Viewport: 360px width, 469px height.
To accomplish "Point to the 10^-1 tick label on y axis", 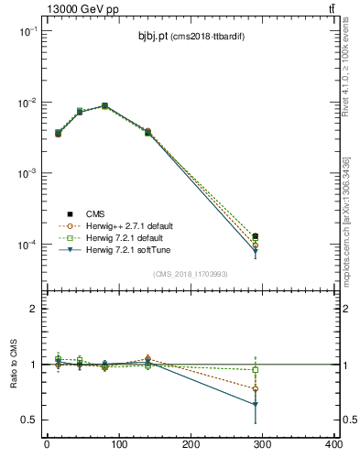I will (27, 31).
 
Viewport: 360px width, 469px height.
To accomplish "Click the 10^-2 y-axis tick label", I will (27, 103).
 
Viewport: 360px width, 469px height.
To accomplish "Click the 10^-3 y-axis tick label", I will (27, 174).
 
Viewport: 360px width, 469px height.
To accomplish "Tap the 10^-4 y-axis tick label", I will (27, 245).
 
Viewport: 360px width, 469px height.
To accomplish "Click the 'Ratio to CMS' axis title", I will (12, 364).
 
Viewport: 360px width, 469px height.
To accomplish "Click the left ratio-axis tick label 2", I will (33, 309).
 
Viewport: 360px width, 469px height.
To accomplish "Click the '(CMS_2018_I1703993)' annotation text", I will (190, 273).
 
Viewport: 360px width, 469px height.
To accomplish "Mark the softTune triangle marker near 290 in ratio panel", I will (256, 404).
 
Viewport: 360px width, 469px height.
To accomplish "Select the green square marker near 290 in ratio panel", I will (256, 370).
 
